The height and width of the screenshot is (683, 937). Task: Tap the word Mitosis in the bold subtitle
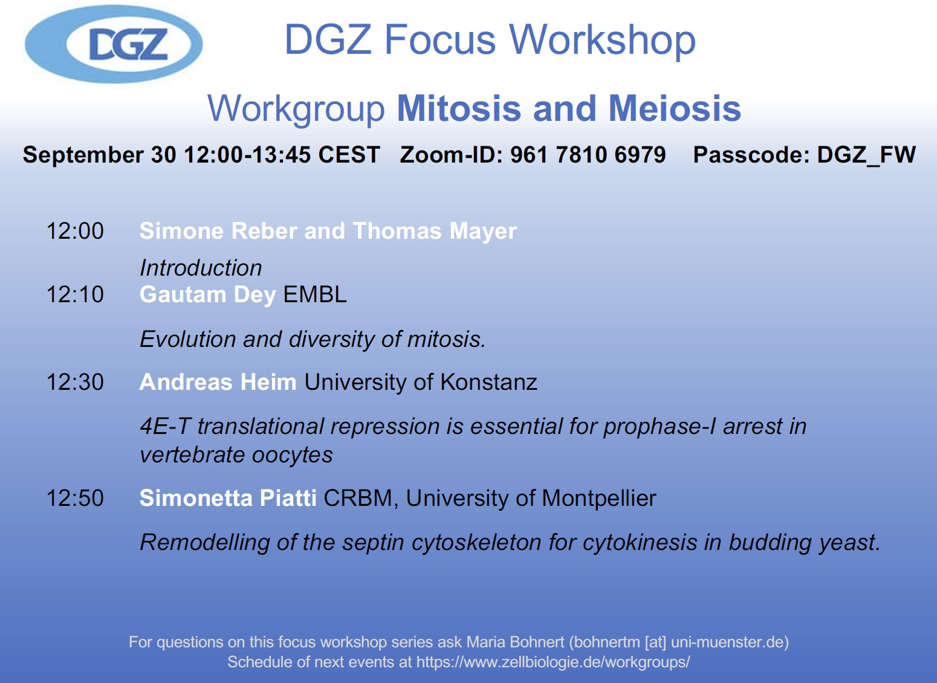pos(459,108)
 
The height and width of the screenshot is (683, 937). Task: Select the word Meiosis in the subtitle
pos(675,108)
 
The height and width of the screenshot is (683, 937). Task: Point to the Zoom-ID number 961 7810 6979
pos(588,155)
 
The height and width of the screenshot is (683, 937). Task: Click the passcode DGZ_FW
pos(866,155)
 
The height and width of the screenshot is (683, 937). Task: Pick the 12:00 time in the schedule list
pos(76,231)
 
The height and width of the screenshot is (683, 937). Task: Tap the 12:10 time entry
pos(76,294)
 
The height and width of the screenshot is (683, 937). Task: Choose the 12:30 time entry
pos(76,382)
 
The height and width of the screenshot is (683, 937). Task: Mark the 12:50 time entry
pos(76,498)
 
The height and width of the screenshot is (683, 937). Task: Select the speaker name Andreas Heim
pos(218,382)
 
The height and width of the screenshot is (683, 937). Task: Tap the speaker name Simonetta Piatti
pos(228,498)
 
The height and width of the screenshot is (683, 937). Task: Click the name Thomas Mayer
pos(435,231)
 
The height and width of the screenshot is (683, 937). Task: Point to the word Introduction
pos(201,268)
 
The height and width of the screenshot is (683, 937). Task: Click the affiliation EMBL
pos(315,294)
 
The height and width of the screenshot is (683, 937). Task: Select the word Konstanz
pos(488,382)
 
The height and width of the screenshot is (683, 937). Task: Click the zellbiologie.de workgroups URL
pos(553,662)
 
